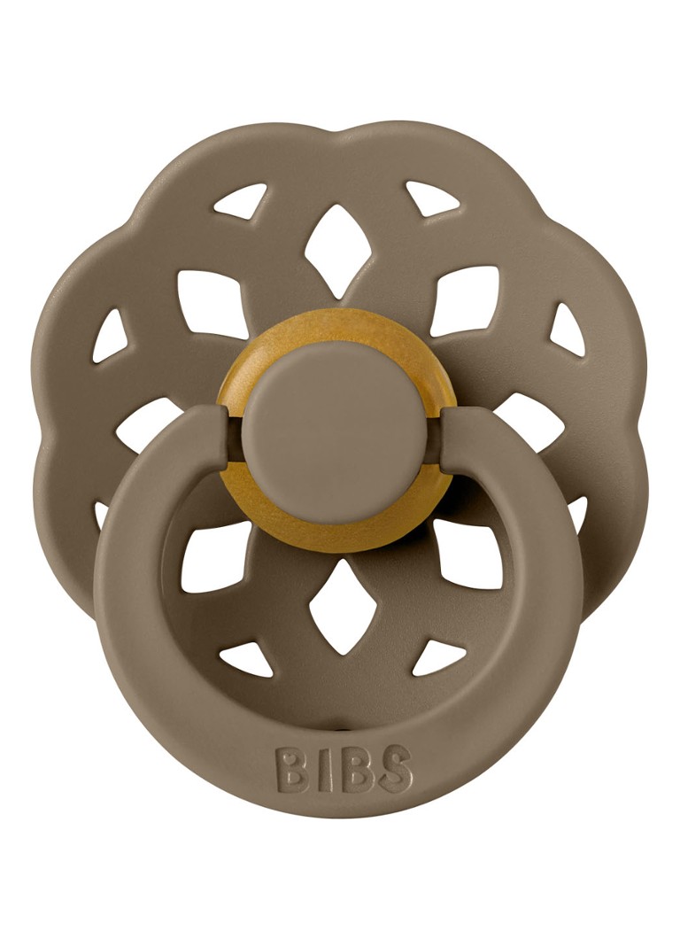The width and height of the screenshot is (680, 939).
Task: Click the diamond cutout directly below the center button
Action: [339, 605]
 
